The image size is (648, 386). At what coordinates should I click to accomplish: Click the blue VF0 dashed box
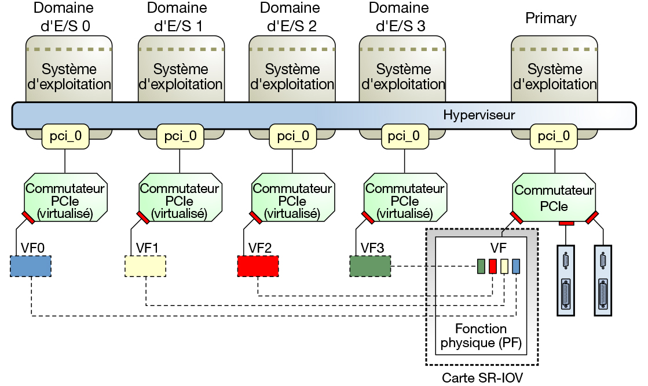click(x=31, y=266)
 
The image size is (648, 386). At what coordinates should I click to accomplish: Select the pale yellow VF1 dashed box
click(x=145, y=266)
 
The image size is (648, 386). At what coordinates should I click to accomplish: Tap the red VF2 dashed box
click(x=258, y=266)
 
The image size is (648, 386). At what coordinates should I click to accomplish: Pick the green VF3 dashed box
click(x=370, y=266)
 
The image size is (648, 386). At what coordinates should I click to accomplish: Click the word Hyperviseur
click(x=479, y=115)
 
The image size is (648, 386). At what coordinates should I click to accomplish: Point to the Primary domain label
click(x=551, y=18)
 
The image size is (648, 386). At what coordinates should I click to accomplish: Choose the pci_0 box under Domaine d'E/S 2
click(x=292, y=137)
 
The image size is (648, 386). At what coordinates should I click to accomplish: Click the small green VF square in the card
click(x=481, y=266)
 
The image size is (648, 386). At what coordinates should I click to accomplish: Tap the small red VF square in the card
click(x=493, y=266)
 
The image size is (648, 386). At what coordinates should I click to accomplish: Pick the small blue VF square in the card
click(x=516, y=266)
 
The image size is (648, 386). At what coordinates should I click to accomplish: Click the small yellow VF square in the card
click(x=504, y=266)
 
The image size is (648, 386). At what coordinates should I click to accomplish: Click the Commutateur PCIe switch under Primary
click(x=554, y=198)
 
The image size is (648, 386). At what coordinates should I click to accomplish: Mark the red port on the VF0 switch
click(x=27, y=217)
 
